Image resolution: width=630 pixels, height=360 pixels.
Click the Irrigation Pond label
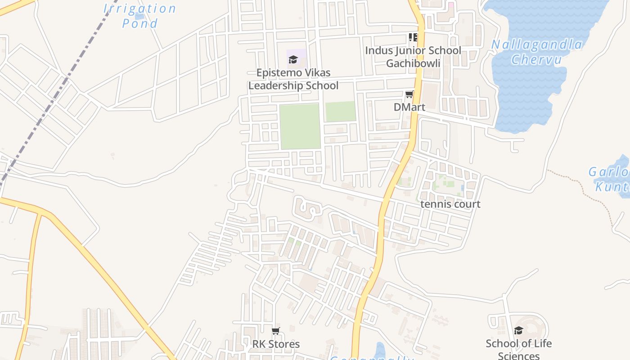click(x=139, y=15)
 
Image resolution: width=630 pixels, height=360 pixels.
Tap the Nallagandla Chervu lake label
click(x=536, y=52)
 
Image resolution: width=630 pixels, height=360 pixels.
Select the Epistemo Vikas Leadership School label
click(x=293, y=79)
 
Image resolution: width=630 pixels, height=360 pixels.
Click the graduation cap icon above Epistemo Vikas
click(x=293, y=59)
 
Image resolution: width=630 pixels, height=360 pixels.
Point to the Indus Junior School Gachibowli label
click(x=413, y=56)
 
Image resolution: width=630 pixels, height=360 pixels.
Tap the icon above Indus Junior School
click(x=413, y=37)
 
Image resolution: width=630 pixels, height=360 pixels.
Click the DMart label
click(x=409, y=107)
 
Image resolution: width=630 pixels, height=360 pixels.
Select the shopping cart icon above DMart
click(x=409, y=94)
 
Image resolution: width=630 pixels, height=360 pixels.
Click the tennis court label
click(x=450, y=204)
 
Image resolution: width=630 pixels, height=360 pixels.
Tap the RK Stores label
click(x=275, y=344)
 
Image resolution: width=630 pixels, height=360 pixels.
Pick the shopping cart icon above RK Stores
click(x=275, y=331)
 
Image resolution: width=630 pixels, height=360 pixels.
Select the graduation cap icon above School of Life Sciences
click(x=518, y=331)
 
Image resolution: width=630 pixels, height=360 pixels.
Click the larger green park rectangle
click(x=300, y=126)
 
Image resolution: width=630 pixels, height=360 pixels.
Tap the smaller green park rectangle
click(x=340, y=111)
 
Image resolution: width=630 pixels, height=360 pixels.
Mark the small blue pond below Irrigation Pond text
click(x=139, y=17)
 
